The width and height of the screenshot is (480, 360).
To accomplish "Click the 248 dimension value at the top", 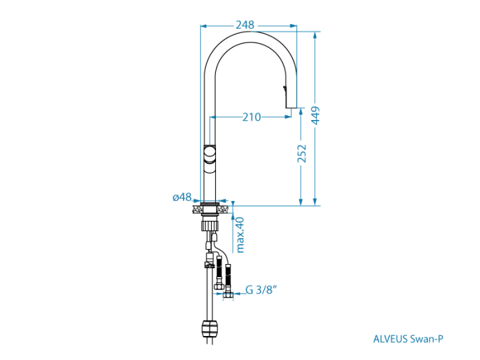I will point(245,25).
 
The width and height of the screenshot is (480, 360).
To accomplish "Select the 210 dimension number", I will point(251,117).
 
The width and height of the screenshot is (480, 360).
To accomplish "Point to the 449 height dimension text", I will point(316,115).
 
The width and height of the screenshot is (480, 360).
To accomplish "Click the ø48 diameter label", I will point(182,197).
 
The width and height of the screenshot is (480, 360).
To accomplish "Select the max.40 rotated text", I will point(239,234).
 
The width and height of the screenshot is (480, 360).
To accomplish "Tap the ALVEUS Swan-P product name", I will point(407,338).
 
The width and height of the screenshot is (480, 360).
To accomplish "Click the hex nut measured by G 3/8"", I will point(228,295).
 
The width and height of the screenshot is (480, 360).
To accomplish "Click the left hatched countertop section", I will point(197,206).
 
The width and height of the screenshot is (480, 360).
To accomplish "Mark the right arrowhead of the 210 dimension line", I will point(287,117).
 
